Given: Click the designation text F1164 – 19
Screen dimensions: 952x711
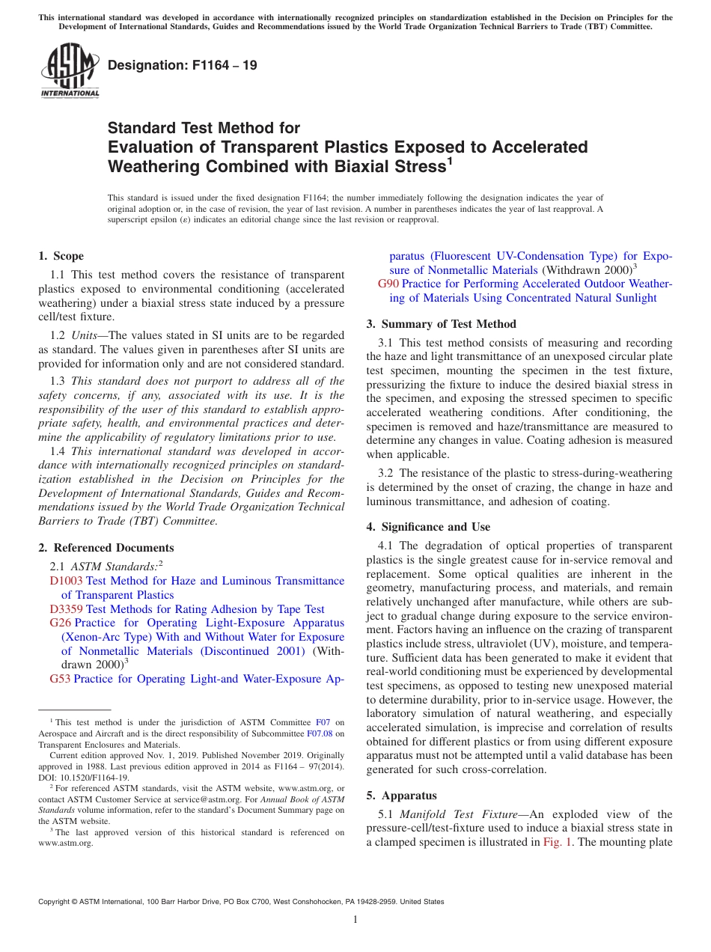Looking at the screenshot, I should pos(182,65).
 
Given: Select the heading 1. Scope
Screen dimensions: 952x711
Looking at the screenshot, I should pos(61,256).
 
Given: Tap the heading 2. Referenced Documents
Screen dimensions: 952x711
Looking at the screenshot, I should pos(106,548).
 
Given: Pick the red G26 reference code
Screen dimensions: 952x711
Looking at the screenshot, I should pos(60,623).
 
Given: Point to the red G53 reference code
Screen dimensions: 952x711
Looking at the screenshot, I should pos(60,679).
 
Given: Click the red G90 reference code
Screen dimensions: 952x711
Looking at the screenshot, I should pos(388,284).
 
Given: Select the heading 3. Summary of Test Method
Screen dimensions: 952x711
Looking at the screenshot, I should pos(441,324).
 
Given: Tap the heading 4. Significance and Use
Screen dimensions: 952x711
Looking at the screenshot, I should pos(428,527).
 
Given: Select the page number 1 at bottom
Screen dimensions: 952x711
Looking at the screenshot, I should pos(355,920).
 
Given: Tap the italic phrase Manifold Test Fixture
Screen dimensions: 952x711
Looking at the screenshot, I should pos(458,814).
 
